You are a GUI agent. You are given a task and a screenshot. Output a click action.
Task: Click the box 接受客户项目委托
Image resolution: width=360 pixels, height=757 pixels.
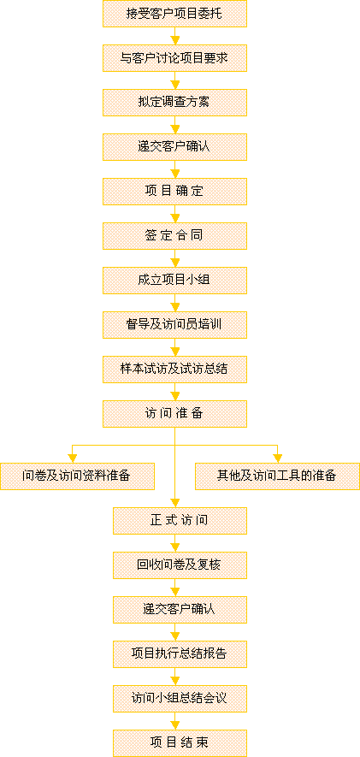pyautogui.click(x=174, y=14)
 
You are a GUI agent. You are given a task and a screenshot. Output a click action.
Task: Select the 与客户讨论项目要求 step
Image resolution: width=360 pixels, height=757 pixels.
pyautogui.click(x=174, y=58)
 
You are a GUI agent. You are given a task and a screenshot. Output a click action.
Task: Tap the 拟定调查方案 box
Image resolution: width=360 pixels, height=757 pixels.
pyautogui.click(x=174, y=103)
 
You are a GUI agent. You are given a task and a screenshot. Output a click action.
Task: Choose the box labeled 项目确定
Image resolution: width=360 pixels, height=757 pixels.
pyautogui.click(x=174, y=192)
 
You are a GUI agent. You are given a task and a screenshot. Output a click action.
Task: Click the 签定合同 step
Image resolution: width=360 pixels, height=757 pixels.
pyautogui.click(x=174, y=235)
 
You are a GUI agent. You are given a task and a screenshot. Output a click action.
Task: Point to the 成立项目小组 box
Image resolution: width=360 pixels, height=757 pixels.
pyautogui.click(x=174, y=280)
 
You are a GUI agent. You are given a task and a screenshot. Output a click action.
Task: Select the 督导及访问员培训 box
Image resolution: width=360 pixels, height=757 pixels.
pyautogui.click(x=174, y=324)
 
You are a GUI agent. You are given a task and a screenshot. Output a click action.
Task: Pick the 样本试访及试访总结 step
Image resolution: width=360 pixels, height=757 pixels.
pyautogui.click(x=174, y=369)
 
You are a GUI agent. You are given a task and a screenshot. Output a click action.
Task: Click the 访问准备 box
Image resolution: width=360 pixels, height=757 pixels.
pyautogui.click(x=174, y=414)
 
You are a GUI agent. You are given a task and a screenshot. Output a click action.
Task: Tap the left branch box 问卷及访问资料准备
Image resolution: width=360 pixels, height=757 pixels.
pyautogui.click(x=77, y=476)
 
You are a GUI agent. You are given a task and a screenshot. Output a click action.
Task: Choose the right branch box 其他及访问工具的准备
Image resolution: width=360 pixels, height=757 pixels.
pyautogui.click(x=277, y=476)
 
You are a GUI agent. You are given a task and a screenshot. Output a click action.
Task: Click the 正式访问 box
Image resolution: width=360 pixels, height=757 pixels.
pyautogui.click(x=180, y=520)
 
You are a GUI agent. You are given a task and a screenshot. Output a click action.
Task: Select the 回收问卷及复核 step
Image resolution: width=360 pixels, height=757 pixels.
pyautogui.click(x=180, y=565)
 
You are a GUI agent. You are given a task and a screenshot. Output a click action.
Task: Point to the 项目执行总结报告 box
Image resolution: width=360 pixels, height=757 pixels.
pyautogui.click(x=180, y=654)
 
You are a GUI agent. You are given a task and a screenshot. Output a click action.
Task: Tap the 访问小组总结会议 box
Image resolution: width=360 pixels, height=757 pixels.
pyautogui.click(x=180, y=699)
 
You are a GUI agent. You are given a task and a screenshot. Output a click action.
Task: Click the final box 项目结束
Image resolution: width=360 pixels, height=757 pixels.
pyautogui.click(x=180, y=743)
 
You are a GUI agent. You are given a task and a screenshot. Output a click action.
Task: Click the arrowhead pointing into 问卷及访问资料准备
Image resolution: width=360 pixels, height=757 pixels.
pyautogui.click(x=73, y=458)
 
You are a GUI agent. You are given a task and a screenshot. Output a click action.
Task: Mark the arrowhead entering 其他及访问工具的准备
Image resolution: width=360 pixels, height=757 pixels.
pyautogui.click(x=277, y=458)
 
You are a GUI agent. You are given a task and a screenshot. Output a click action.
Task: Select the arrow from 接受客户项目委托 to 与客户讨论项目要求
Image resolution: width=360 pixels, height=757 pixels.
pyautogui.click(x=174, y=36)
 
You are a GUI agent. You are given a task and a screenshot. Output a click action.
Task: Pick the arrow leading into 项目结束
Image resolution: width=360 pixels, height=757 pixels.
pyautogui.click(x=174, y=721)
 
